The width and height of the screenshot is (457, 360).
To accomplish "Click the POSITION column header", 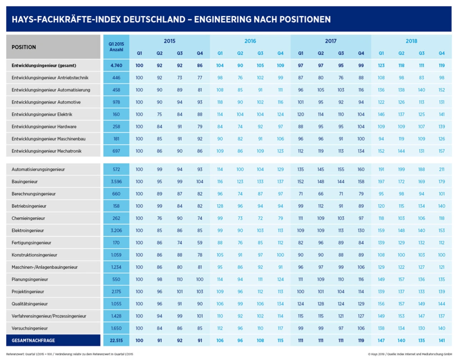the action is point(24,47).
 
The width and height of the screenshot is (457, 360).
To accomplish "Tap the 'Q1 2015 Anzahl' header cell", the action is point(116,47).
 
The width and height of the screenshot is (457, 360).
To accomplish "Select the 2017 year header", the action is point(331,41).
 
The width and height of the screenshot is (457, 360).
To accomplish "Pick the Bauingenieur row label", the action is point(25,181).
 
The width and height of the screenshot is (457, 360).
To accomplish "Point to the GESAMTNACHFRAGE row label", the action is point(33,340).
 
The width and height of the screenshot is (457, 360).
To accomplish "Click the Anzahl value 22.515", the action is point(116,340).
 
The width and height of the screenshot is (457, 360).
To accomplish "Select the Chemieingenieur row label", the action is point(28,218).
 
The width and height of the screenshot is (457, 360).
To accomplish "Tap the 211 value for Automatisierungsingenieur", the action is point(442,169).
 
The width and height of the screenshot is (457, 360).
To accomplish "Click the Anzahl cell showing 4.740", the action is point(116,65).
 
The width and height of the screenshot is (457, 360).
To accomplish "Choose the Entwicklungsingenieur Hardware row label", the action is point(44,127).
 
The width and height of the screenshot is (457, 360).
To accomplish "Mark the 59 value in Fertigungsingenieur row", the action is point(200,243).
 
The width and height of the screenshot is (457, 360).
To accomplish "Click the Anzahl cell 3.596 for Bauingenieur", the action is point(116,182).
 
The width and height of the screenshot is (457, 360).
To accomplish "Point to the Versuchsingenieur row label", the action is point(30,328).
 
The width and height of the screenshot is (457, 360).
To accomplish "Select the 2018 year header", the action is point(411,41).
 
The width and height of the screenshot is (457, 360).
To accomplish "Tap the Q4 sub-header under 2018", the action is point(442,53).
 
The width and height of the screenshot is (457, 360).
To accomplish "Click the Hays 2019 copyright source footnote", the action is point(410,354).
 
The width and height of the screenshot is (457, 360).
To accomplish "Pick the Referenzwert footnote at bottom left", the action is point(70,354).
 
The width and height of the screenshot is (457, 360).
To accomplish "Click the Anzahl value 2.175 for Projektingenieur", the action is point(116,291).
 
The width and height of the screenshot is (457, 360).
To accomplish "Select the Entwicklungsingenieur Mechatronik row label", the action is point(46,151).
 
